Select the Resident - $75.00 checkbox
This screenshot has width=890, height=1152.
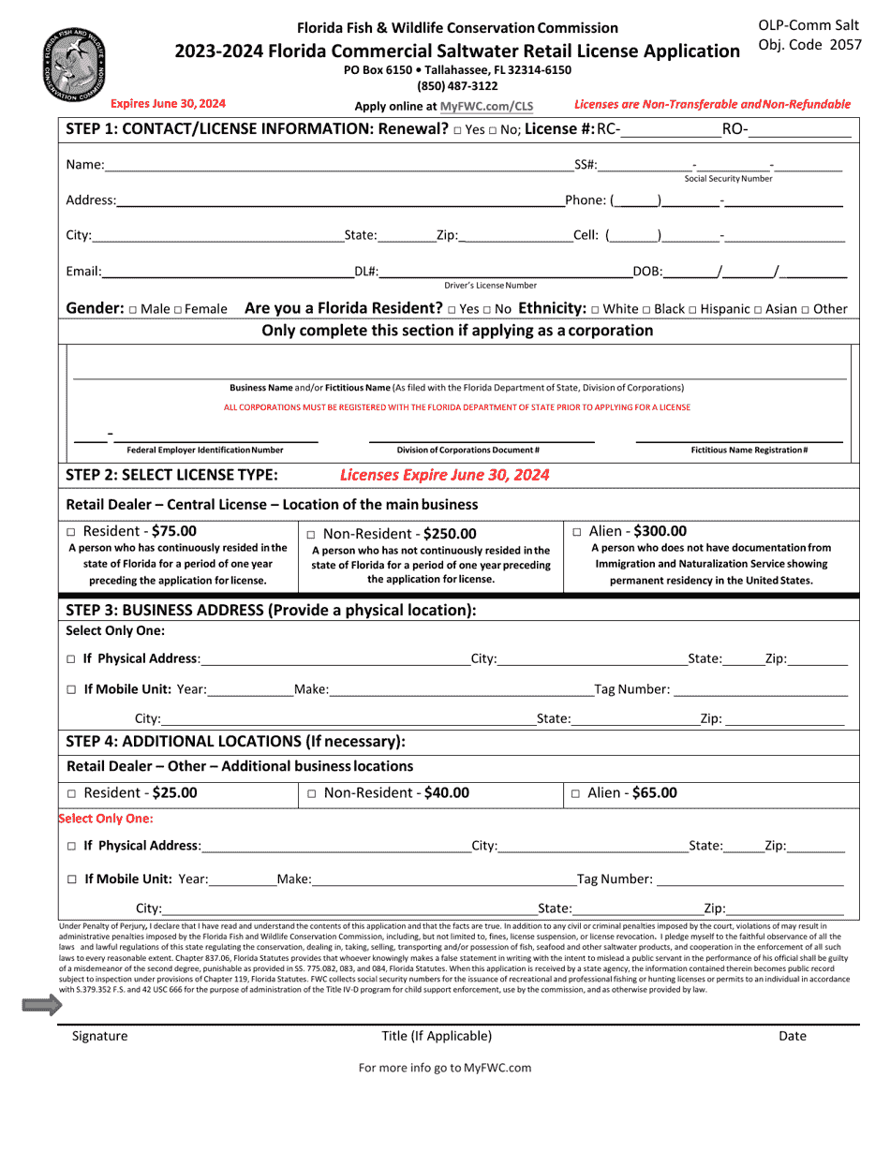tap(73, 532)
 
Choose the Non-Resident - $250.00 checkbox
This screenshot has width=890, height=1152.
tap(312, 534)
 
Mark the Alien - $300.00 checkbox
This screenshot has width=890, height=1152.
tap(577, 531)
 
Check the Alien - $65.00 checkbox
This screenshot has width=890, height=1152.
tap(576, 793)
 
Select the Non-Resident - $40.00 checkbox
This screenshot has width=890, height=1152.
tap(312, 793)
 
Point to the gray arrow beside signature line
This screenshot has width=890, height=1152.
tap(42, 1006)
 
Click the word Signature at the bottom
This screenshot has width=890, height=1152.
tap(99, 1036)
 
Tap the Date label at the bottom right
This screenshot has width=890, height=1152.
tap(792, 1036)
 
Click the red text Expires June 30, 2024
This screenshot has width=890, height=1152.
tap(168, 104)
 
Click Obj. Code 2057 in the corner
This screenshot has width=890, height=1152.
tap(809, 44)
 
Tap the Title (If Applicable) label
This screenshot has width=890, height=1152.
tap(437, 1036)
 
